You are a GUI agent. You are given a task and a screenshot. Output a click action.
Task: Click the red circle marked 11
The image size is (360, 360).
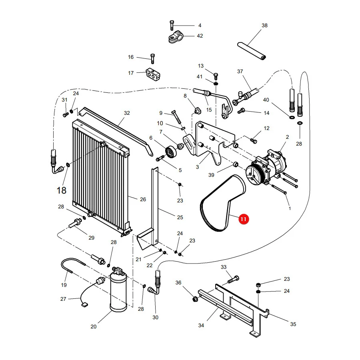(243, 219)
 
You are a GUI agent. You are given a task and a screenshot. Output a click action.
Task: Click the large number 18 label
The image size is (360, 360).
(61, 190)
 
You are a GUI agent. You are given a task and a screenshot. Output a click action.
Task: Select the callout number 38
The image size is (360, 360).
(264, 26)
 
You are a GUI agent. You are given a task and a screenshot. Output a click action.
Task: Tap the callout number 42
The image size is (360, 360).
(200, 36)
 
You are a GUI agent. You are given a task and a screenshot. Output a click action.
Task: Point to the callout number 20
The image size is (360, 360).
(94, 326)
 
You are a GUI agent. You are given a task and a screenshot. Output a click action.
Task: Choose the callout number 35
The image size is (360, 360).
(293, 324)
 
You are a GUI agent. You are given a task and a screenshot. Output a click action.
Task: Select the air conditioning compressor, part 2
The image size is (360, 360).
(267, 167)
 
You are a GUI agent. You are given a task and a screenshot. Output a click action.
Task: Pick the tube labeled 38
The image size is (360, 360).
(252, 51)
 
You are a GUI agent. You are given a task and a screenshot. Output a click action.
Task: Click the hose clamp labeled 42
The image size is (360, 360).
(176, 38)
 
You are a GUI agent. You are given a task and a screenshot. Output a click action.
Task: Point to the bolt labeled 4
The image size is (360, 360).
(172, 25)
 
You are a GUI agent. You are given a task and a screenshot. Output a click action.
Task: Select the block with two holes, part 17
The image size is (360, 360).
(153, 74)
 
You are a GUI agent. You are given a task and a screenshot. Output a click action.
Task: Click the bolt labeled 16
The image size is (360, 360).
(152, 58)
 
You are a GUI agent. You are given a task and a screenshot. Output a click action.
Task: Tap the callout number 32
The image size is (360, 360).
(127, 113)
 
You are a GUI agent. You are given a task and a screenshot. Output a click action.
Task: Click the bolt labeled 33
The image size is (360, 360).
(233, 280)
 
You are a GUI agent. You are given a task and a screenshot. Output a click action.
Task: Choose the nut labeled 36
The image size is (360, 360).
(195, 299)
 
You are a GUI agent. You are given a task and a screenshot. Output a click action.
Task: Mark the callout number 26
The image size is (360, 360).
(143, 199)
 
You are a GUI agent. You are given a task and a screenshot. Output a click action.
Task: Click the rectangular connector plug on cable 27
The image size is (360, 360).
(84, 305)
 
